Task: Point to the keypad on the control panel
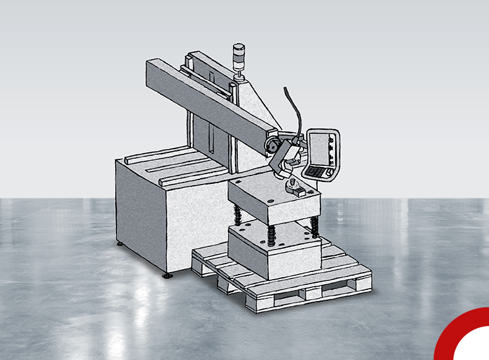pyautogui.click(x=317, y=172)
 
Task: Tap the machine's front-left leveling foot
pyautogui.click(x=167, y=275)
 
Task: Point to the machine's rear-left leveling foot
pyautogui.click(x=120, y=244)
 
